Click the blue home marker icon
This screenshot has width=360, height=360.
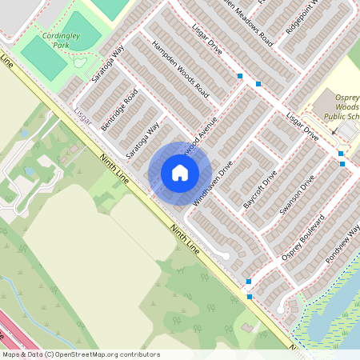[x=180, y=173]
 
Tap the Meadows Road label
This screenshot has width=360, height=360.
[x=250, y=22]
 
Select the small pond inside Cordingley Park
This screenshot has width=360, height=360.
[x=78, y=62]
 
